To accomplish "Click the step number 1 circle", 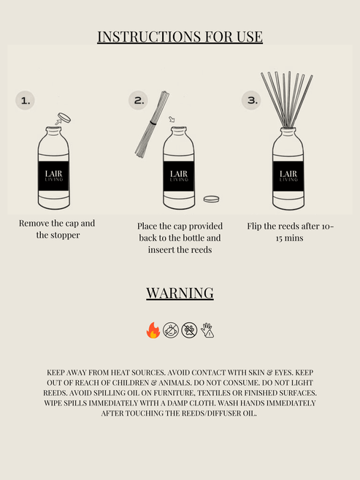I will [25, 101].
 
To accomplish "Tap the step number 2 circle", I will [138, 101].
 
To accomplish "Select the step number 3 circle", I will [251, 101].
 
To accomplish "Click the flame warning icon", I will [153, 331].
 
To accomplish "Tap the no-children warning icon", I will [171, 331].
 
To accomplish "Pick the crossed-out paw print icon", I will [189, 331].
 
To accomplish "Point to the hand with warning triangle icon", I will [207, 331].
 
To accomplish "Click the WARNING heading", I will [180, 293].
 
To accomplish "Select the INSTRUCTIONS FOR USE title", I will [180, 37].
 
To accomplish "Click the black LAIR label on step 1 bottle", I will [53, 175].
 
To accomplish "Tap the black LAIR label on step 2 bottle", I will [178, 175].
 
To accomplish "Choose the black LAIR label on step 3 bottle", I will [288, 175].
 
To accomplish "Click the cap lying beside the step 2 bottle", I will [211, 199].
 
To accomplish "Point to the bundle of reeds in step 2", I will [152, 124].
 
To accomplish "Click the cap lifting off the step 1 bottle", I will [63, 117].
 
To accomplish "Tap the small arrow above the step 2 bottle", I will [172, 119].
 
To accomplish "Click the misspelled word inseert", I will [160, 250].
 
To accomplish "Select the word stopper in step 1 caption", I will [64, 235].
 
